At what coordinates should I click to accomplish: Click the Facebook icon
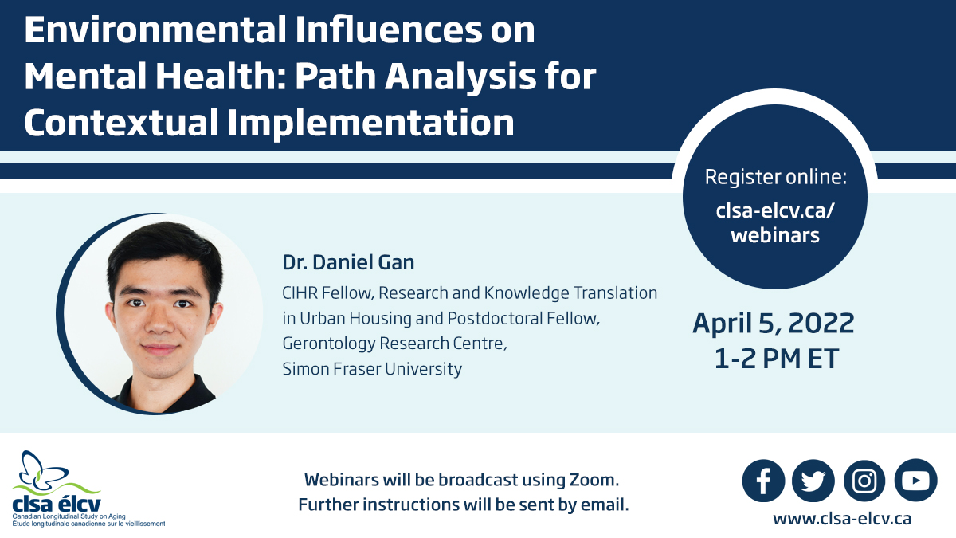click(x=763, y=481)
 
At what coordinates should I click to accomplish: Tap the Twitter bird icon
click(x=813, y=481)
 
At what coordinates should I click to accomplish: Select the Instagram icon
click(x=864, y=481)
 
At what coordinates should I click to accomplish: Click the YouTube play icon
click(x=916, y=481)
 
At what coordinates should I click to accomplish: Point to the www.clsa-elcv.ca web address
click(x=842, y=519)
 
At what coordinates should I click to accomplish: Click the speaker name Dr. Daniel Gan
click(x=348, y=262)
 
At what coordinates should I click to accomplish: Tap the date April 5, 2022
click(x=774, y=324)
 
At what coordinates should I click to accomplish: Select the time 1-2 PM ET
click(x=776, y=359)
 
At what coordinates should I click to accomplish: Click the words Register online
click(x=775, y=177)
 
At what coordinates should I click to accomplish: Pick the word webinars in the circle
click(x=775, y=235)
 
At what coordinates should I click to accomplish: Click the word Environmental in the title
click(x=155, y=30)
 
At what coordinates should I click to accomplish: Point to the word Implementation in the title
click(x=370, y=123)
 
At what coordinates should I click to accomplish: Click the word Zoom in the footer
click(x=594, y=480)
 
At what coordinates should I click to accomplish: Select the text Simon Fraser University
click(x=372, y=369)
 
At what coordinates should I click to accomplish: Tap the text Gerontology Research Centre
click(x=394, y=344)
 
